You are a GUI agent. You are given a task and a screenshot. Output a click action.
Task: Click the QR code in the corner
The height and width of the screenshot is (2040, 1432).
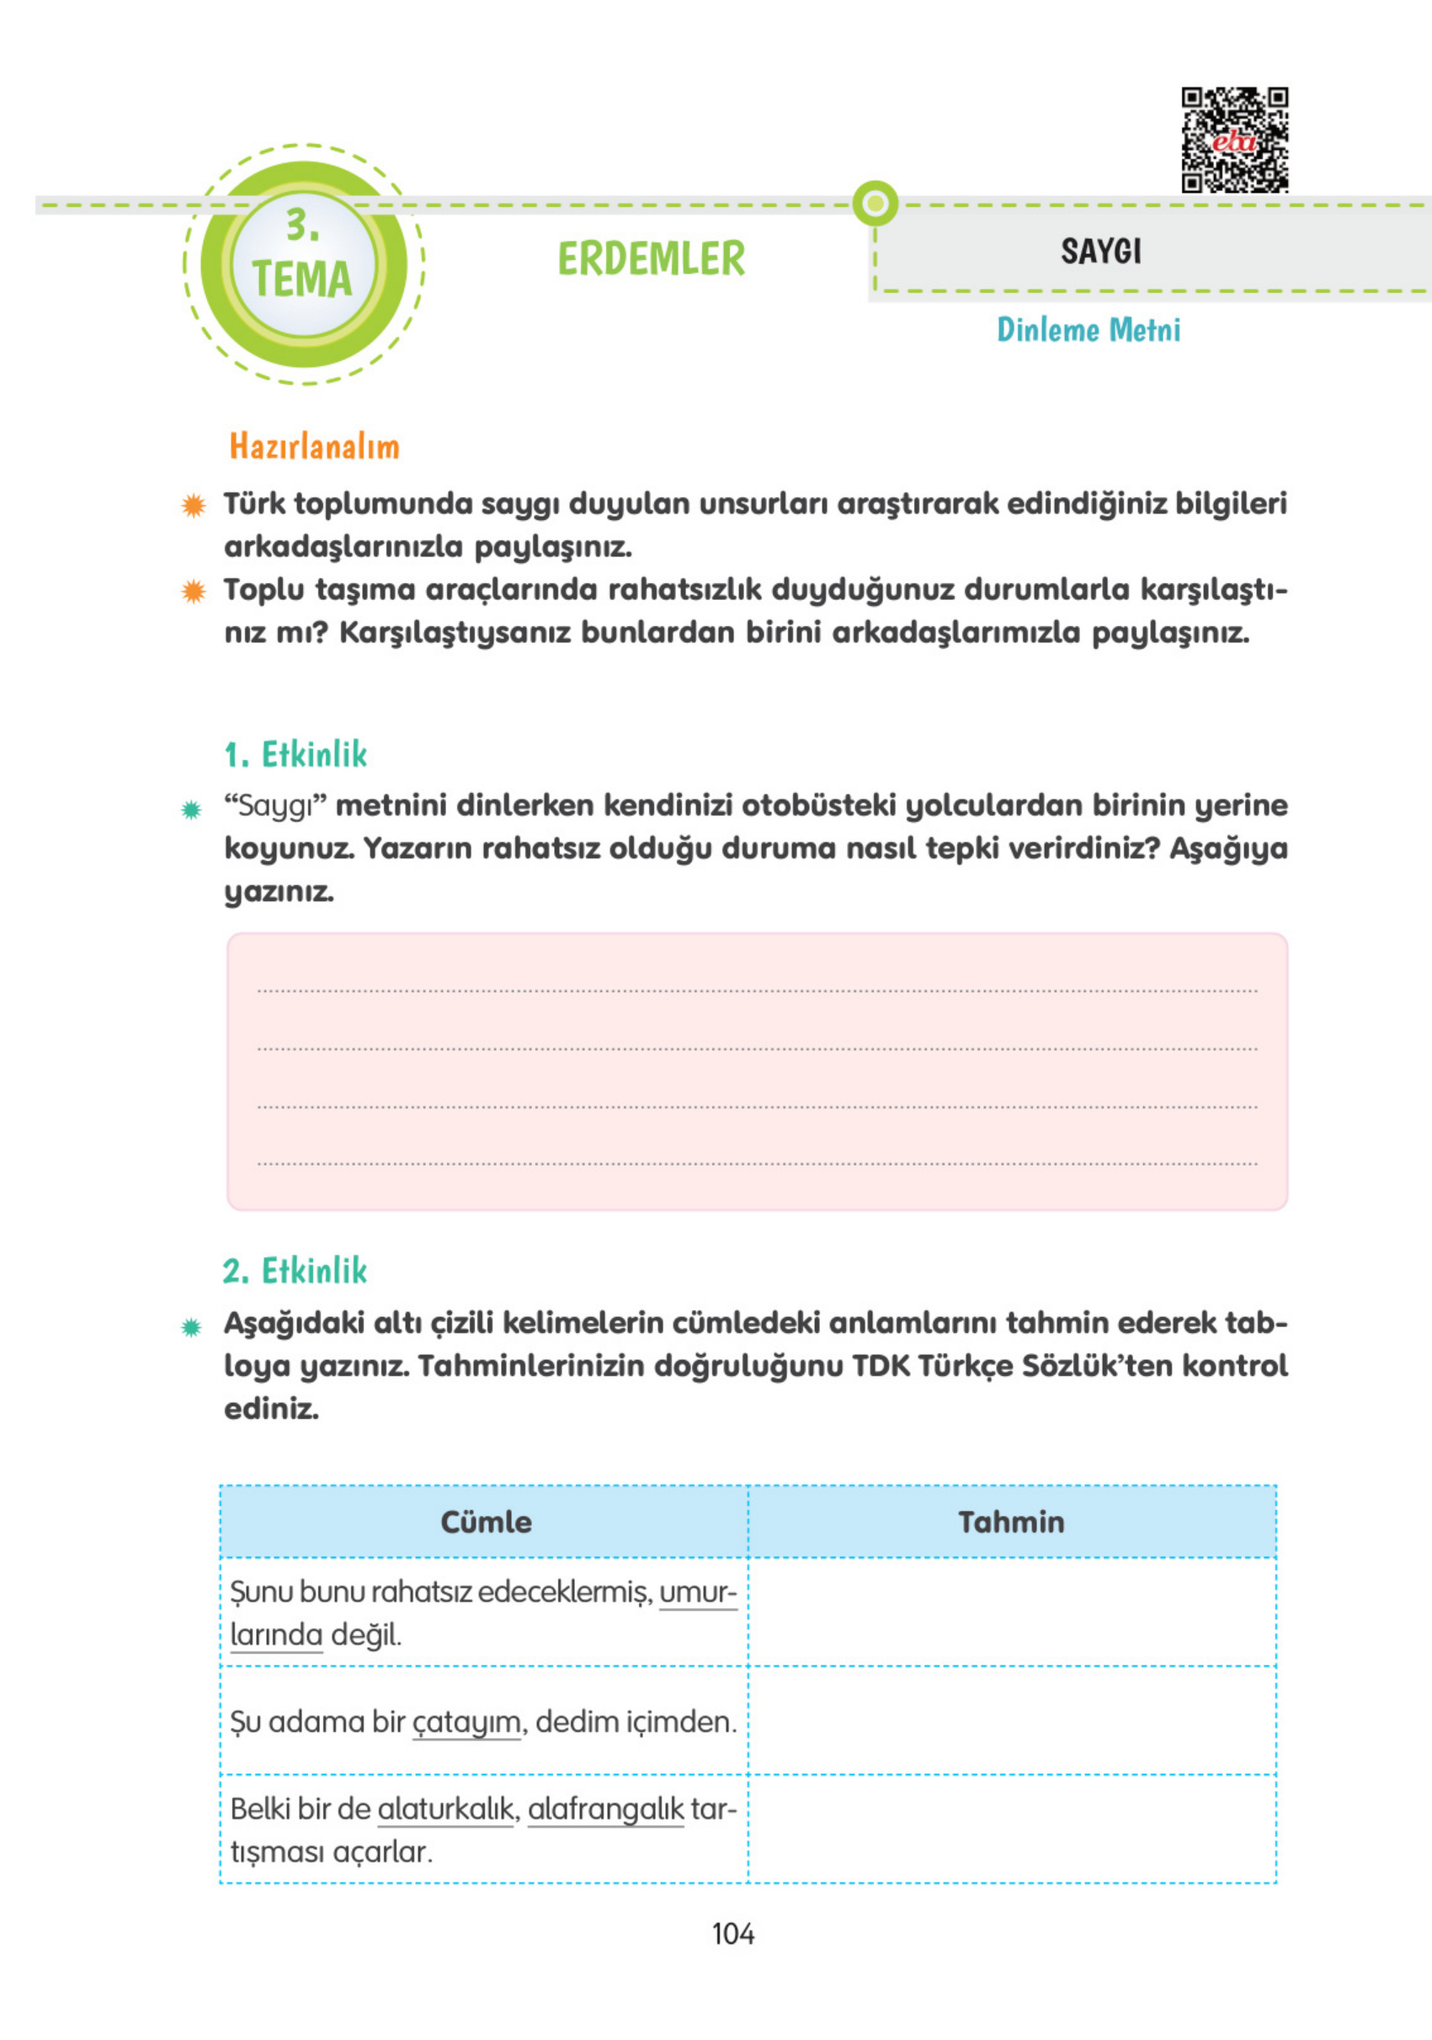(1234, 140)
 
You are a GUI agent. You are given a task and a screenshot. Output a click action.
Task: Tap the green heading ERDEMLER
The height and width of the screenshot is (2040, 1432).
(651, 258)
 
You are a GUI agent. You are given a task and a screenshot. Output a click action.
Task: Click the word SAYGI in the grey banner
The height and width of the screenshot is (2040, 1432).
(1100, 252)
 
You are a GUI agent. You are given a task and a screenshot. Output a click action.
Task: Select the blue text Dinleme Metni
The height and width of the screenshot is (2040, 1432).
(1088, 330)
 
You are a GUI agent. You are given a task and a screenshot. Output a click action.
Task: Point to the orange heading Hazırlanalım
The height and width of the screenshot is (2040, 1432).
(314, 446)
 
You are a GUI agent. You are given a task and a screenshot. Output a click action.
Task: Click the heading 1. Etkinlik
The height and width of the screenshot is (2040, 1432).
(295, 755)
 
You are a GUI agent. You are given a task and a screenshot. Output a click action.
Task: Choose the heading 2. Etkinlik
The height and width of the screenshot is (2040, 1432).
(295, 1272)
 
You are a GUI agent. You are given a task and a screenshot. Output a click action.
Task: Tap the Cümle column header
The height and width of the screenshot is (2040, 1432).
(486, 1522)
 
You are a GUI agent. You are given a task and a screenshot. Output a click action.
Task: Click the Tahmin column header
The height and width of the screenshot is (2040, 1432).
(1011, 1522)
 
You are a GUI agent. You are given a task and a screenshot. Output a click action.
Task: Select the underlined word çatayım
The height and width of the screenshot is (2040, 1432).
(466, 1722)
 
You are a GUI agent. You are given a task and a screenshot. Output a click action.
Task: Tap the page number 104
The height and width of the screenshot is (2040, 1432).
(732, 1934)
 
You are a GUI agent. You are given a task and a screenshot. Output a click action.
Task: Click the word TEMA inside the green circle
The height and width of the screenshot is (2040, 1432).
(302, 280)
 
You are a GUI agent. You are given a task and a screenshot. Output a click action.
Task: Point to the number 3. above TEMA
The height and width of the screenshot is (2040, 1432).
(302, 226)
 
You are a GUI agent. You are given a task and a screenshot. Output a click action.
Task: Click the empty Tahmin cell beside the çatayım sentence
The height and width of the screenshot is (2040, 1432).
(1011, 1721)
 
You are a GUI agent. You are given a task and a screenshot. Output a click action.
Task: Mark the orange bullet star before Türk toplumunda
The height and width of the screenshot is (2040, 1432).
(193, 506)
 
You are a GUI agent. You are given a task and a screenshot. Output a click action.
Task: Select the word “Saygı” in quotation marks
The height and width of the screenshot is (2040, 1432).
(275, 806)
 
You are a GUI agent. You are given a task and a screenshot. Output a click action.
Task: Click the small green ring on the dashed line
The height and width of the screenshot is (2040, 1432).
(875, 205)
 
